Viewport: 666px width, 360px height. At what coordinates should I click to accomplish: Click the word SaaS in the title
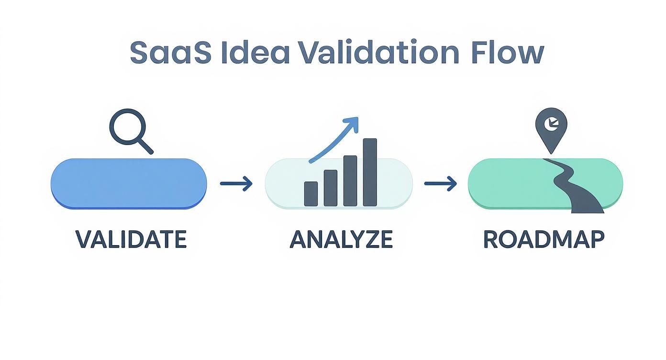click(170, 53)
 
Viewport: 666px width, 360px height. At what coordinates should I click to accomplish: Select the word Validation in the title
click(379, 53)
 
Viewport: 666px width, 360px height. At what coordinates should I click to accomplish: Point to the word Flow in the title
click(508, 53)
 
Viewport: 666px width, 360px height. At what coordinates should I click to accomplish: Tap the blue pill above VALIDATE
click(129, 184)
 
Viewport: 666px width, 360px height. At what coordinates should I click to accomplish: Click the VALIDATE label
click(131, 239)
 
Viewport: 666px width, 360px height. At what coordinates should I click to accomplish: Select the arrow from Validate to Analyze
click(236, 183)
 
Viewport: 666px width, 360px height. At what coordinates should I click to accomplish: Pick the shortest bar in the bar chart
click(311, 193)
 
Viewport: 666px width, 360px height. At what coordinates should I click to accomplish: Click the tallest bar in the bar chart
click(370, 172)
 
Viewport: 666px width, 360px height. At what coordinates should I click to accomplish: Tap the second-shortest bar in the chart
click(331, 188)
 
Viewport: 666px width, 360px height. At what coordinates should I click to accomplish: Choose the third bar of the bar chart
click(350, 180)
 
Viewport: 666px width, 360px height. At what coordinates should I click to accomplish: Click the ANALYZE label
click(341, 239)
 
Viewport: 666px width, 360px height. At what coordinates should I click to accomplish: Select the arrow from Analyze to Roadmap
click(441, 183)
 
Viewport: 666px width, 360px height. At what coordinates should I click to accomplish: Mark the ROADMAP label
click(544, 239)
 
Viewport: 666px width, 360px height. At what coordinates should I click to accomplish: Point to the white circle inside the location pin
click(551, 123)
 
